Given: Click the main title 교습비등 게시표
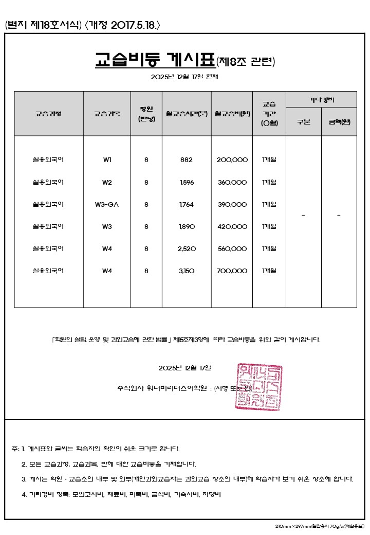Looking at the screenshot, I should point(156,60).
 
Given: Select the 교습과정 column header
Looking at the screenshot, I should point(48,113).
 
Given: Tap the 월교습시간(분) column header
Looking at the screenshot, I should point(186,113).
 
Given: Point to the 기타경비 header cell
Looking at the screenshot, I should point(321,99).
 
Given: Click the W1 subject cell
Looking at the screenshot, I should point(107,159).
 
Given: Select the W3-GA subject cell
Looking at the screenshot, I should point(107,204).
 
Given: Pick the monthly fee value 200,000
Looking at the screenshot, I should point(232,159).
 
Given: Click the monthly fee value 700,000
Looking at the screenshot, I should point(232,271).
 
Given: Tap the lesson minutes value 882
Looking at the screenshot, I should point(186,159).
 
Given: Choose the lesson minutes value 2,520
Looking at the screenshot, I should point(186,248).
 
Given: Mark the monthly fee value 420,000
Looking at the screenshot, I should point(232,226).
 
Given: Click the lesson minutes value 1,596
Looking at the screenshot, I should point(186,182).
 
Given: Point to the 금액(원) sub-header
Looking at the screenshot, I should point(339,122).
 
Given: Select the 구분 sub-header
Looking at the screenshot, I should point(304,122).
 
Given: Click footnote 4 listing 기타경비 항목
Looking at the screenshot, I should point(121,494).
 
